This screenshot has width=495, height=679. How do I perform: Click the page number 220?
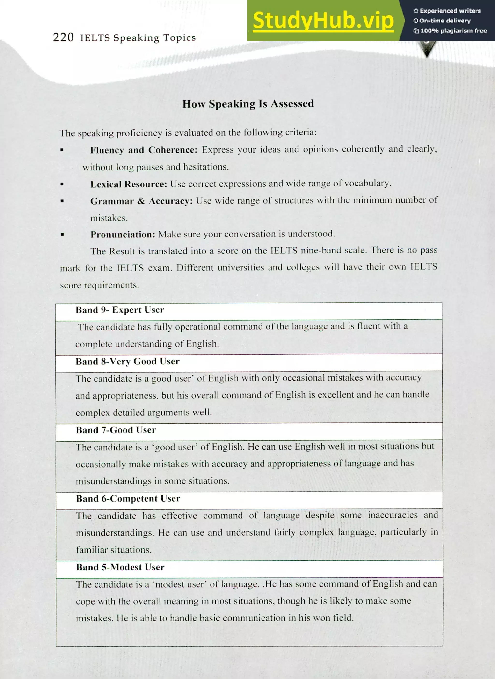click(x=63, y=37)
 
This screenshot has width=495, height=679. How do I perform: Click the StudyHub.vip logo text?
click(x=323, y=20)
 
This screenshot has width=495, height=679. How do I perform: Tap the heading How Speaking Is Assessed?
click(x=248, y=104)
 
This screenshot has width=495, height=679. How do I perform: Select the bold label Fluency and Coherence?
click(x=144, y=150)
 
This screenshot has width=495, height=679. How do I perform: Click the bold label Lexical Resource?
click(x=129, y=184)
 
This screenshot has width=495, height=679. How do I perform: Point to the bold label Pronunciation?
click(x=123, y=234)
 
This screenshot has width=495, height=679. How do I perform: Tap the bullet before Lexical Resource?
click(x=62, y=184)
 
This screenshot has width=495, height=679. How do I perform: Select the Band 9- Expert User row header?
click(x=120, y=310)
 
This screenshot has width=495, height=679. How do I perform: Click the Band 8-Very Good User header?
click(x=127, y=361)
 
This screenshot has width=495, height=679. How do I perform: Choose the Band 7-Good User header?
click(x=116, y=430)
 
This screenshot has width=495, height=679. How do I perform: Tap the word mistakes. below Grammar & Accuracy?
click(x=109, y=218)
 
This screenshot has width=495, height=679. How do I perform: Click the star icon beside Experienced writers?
click(x=415, y=11)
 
